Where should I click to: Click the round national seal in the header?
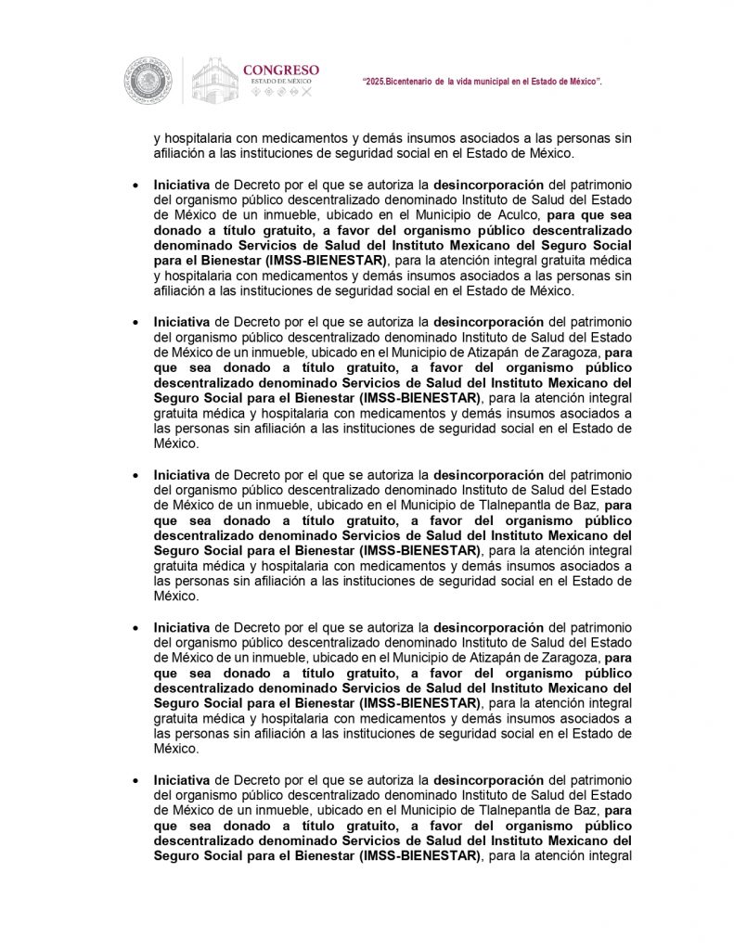148,81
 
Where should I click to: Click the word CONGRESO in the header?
281,70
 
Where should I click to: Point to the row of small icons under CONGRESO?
281,95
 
